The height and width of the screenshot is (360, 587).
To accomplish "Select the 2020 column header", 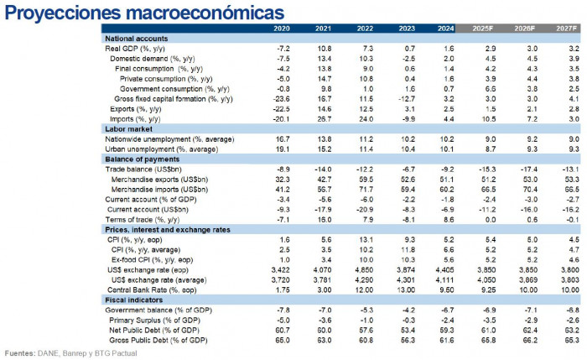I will coord(282,29).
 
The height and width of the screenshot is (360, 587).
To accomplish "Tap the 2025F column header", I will coord(489,29).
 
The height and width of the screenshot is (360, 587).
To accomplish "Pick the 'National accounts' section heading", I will coord(136,39).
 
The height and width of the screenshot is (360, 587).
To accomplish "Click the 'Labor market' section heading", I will coord(126,129).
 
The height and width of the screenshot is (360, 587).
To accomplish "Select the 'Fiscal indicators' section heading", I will coord(133,300).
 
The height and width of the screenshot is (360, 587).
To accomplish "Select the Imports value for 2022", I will coord(363,118).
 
